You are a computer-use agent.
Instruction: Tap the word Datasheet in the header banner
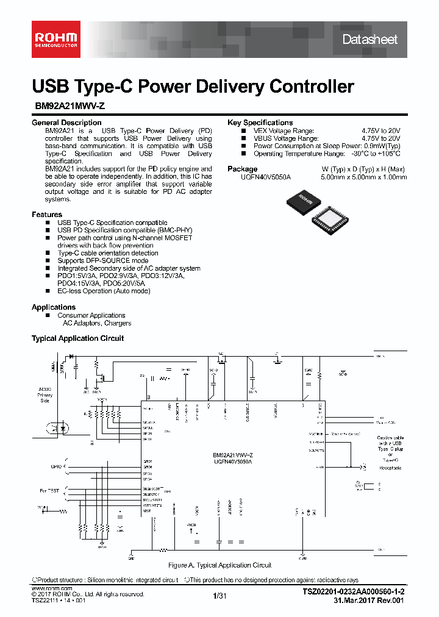pos(369,40)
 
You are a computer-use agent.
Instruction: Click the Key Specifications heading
pos(260,123)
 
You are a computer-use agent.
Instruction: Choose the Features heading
pos(47,215)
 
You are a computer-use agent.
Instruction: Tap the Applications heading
pos(54,307)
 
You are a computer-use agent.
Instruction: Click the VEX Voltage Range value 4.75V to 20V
pos(380,130)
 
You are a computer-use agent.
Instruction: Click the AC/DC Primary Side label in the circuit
pos(45,394)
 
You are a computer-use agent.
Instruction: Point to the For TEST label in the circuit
pos(50,490)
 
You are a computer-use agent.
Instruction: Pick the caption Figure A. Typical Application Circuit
pos(220,565)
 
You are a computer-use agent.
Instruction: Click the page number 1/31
pos(220,595)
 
